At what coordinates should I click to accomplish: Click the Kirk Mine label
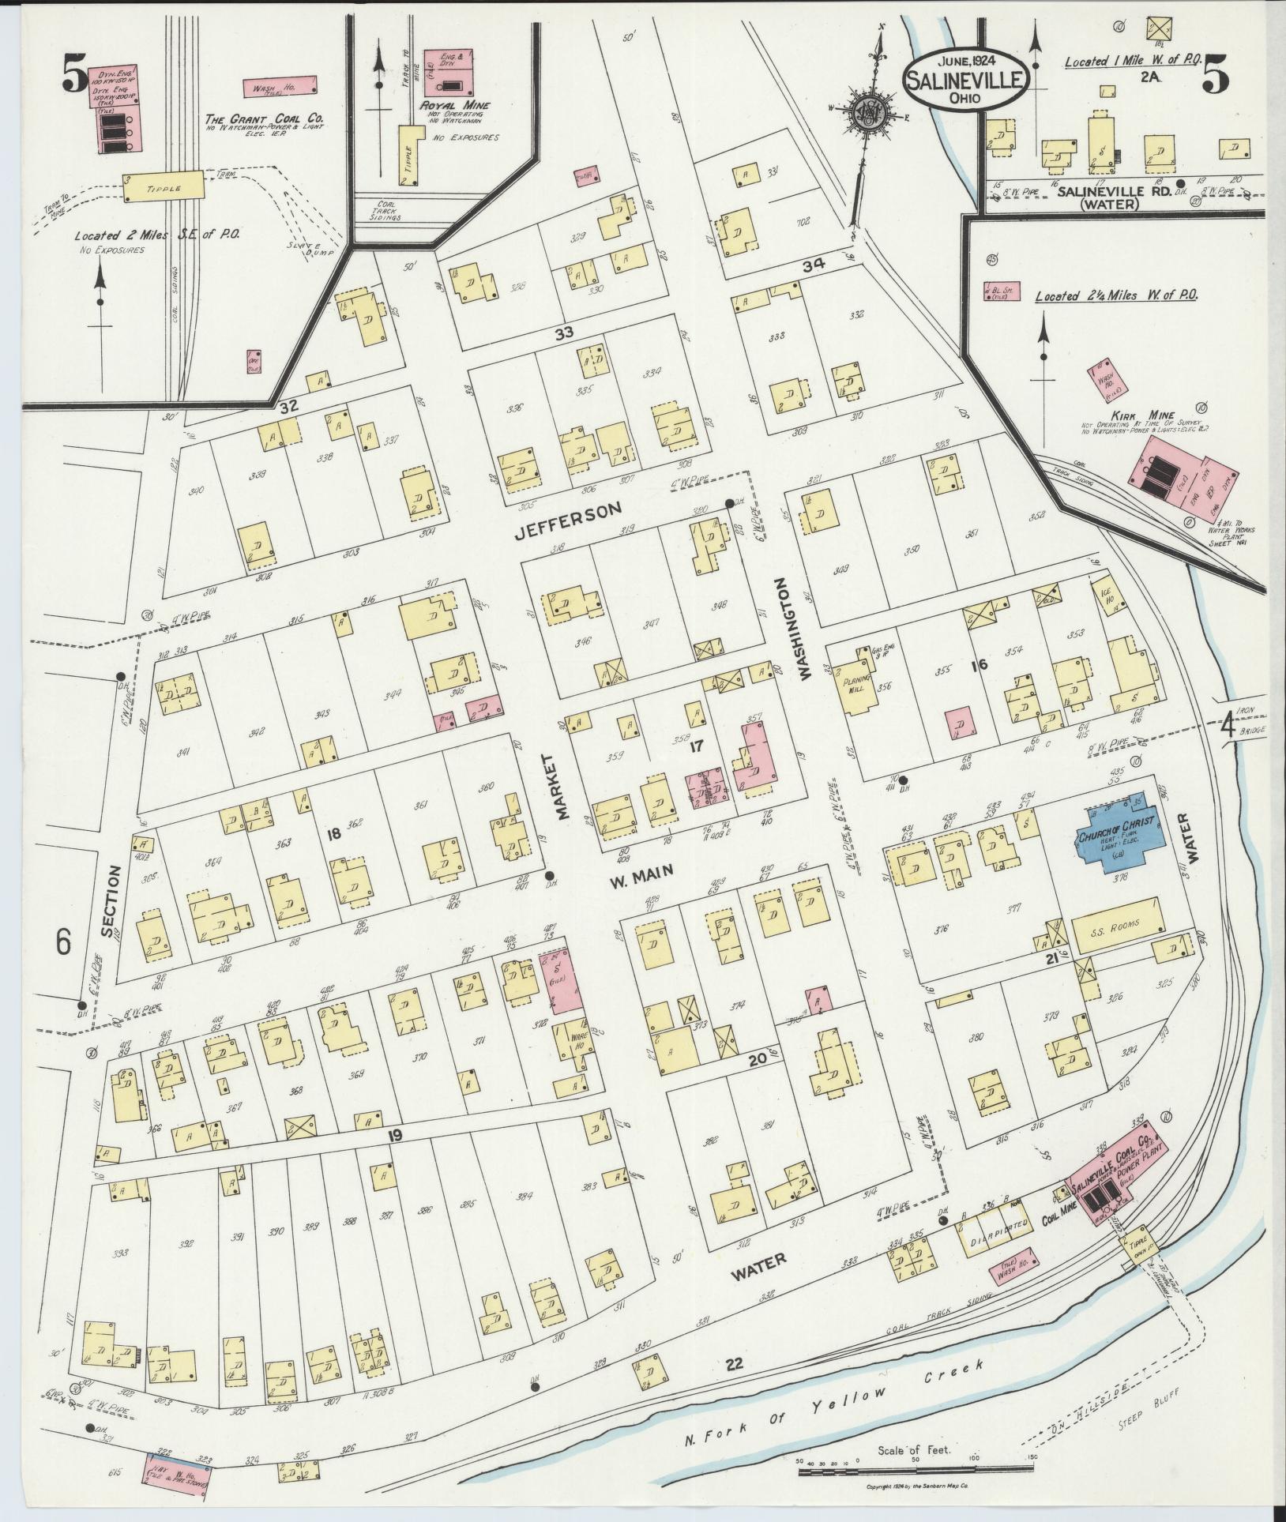click(x=1151, y=415)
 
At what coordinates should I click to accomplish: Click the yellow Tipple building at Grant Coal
click(x=164, y=189)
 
